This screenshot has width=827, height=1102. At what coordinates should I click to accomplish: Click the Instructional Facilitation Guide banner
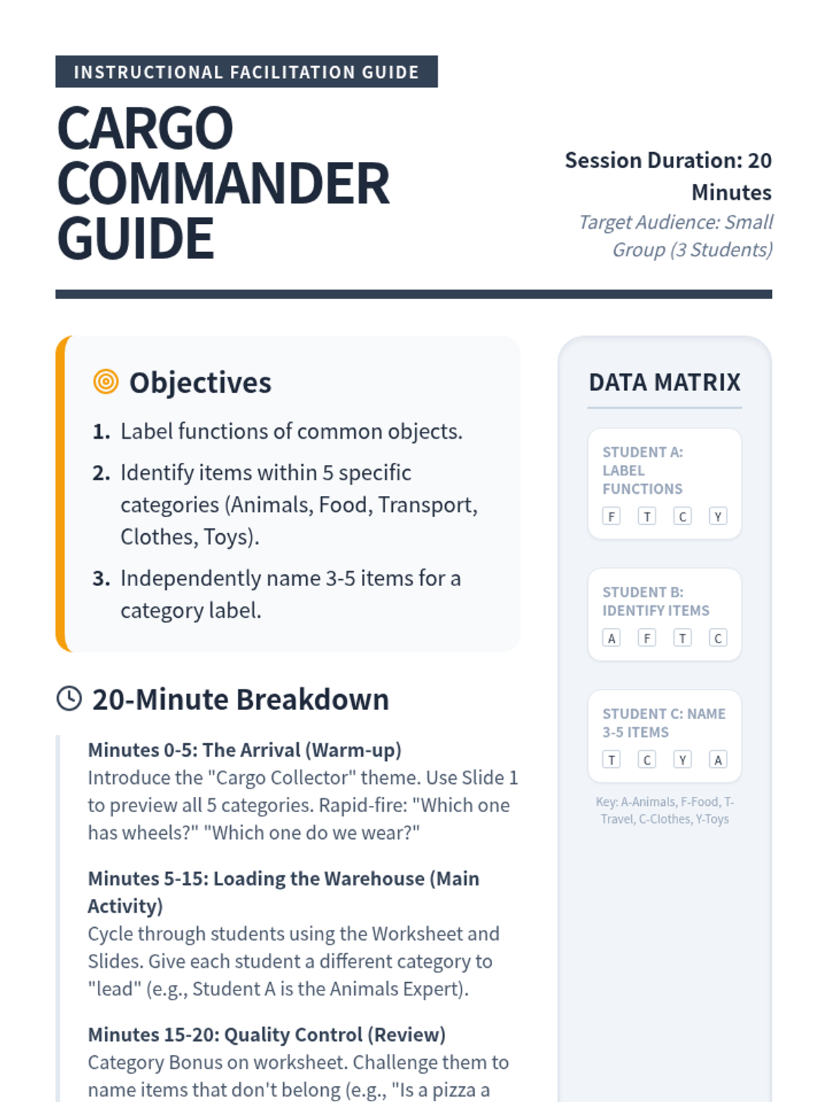pyautogui.click(x=246, y=72)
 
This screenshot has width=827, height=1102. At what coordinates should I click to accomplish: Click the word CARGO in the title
pyautogui.click(x=145, y=129)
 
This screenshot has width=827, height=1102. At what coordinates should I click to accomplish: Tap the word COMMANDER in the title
pyautogui.click(x=223, y=184)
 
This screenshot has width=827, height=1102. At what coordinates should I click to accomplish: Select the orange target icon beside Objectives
pyautogui.click(x=105, y=382)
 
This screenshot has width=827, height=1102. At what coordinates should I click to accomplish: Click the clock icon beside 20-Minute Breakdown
pyautogui.click(x=69, y=698)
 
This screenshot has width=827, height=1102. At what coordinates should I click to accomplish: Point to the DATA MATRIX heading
pyautogui.click(x=664, y=382)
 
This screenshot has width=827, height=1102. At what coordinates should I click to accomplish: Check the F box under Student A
pyautogui.click(x=611, y=517)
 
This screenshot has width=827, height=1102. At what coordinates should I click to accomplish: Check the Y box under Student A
pyautogui.click(x=718, y=517)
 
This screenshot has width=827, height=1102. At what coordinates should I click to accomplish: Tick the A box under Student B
pyautogui.click(x=611, y=638)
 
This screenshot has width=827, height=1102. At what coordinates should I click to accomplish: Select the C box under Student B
pyautogui.click(x=718, y=638)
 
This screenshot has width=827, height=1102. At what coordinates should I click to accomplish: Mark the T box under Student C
pyautogui.click(x=611, y=760)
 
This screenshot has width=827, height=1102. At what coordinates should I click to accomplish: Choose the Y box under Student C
pyautogui.click(x=682, y=760)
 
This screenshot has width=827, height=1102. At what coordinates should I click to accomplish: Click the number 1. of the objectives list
pyautogui.click(x=101, y=432)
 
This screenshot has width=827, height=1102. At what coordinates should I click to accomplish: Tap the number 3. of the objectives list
pyautogui.click(x=101, y=579)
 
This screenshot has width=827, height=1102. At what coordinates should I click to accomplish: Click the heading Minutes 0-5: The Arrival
pyautogui.click(x=245, y=749)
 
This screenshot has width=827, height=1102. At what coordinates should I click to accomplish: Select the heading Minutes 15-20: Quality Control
pyautogui.click(x=267, y=1035)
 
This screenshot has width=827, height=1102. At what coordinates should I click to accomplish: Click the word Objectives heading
pyautogui.click(x=201, y=383)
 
